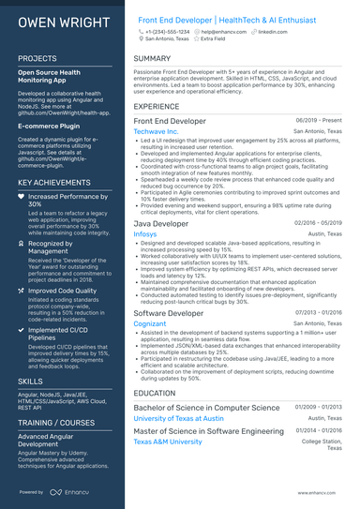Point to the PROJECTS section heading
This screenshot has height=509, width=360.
pos(37,58)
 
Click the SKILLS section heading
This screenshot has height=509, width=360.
pos(30,382)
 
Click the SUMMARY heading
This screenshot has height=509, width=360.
pos(152,58)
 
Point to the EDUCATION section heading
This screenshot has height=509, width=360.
pos(155,394)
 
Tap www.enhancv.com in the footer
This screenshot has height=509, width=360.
pos(322,491)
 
